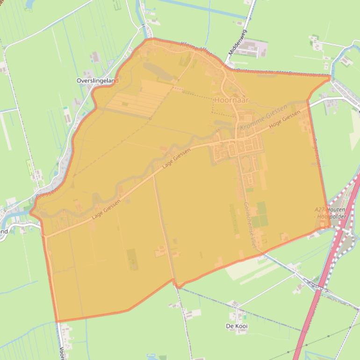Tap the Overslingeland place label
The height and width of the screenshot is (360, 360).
coord(97,80)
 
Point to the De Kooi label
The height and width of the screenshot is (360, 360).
coord(237,325)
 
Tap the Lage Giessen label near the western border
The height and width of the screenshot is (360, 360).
coord(106,209)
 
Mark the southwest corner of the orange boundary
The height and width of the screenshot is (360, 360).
coord(58,322)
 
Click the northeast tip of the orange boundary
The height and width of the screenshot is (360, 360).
coord(330,77)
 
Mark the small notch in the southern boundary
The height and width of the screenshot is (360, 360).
coord(176,284)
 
